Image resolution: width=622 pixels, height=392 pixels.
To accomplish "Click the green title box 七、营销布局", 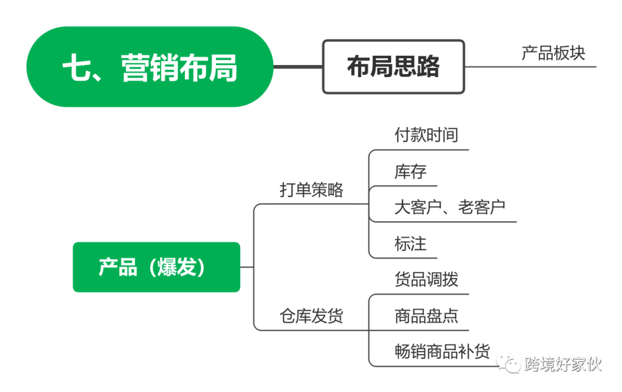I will (x=150, y=67).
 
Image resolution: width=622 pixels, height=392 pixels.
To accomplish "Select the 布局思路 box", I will (x=393, y=67).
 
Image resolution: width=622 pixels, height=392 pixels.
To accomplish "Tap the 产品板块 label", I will (x=553, y=52).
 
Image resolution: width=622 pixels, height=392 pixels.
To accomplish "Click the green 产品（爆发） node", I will (x=156, y=267).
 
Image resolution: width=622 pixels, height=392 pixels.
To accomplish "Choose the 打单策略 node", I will (x=311, y=189).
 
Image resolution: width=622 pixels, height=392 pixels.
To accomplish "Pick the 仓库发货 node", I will (x=311, y=315).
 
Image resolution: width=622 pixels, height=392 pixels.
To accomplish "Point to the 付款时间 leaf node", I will (x=426, y=135).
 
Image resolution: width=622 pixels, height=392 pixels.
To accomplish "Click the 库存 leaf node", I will (x=410, y=171).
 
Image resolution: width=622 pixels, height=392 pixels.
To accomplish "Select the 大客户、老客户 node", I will (x=450, y=207).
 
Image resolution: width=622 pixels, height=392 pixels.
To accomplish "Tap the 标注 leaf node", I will (x=410, y=243).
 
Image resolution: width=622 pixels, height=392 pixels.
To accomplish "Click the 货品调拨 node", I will (x=426, y=279).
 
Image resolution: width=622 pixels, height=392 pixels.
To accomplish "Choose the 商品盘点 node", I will (x=426, y=315).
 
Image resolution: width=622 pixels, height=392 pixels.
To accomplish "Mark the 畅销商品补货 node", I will (x=442, y=351).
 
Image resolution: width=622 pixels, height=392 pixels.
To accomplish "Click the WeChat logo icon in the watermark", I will (x=509, y=363).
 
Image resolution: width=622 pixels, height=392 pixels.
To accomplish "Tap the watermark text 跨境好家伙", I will (x=562, y=364).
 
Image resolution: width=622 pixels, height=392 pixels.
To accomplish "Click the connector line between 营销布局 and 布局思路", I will (x=297, y=67).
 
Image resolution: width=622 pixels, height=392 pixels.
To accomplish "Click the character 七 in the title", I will (x=78, y=68).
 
